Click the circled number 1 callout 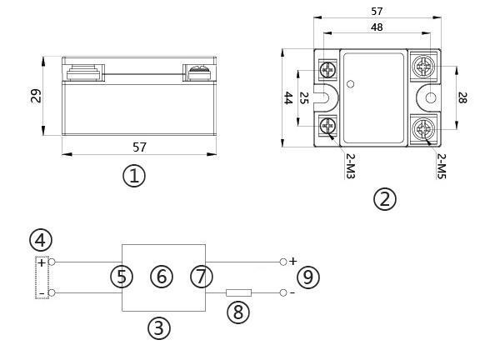134,176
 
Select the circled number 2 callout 384,198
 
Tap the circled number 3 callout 158,327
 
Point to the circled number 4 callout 40,240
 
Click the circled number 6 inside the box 162,277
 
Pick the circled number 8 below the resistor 239,312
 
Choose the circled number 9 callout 308,277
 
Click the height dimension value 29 36,97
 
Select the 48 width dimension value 377,27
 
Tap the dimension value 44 288,97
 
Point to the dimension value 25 304,98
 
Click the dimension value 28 462,97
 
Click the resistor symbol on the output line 239,292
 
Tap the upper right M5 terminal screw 422,65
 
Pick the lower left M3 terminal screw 327,127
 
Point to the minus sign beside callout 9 292,293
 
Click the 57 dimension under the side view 139,147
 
